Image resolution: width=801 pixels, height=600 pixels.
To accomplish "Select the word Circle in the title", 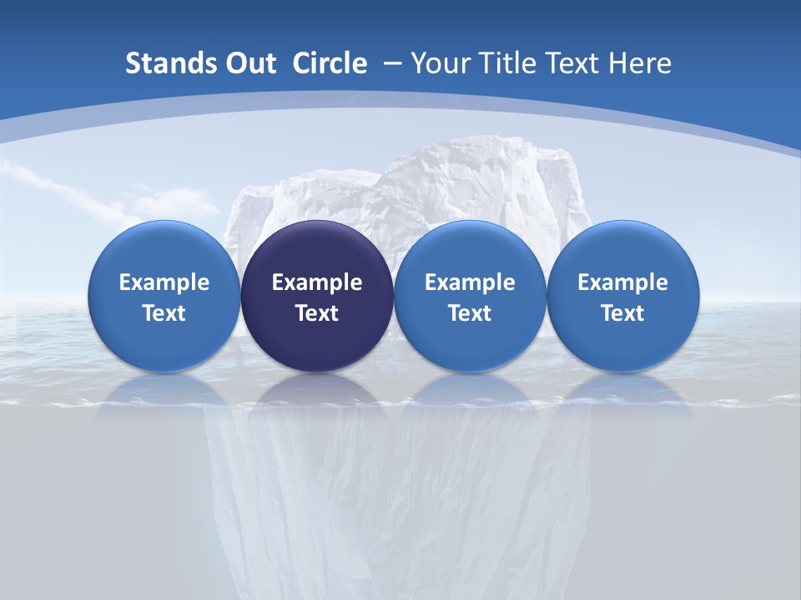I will tap(330, 63).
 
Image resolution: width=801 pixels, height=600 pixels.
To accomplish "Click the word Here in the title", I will tap(640, 63).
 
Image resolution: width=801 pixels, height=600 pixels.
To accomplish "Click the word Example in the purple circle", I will tap(317, 282).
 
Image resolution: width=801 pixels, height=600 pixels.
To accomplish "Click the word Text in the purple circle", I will tap(317, 313).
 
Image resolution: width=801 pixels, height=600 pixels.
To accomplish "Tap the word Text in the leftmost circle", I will tap(164, 313).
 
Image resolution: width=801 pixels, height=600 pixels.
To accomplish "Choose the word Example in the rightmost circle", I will tap(623, 282).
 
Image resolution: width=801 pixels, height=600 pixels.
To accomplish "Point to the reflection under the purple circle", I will tap(317, 392).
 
